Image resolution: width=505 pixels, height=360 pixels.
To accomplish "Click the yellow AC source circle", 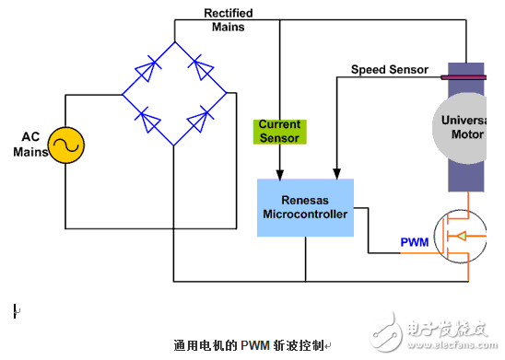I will coord(66,146).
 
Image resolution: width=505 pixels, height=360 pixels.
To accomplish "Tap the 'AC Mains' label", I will coord(30,145).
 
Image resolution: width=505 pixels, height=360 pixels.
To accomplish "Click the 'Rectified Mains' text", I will coord(228,20).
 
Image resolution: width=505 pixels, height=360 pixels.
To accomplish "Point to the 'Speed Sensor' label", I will coord(390,70).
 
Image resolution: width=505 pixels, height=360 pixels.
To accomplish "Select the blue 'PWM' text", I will coord(414,243).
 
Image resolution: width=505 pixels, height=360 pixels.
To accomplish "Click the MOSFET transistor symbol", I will coord(470,238).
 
